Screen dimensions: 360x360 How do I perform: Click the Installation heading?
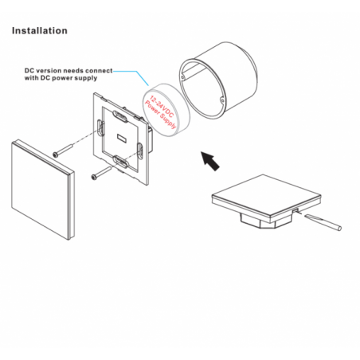40,30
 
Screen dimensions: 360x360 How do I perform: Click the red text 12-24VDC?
162,107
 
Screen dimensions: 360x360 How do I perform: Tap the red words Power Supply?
160,115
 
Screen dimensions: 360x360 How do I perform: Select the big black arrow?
210,161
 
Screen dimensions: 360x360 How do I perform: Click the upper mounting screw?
63,150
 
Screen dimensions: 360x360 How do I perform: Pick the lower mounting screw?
101,173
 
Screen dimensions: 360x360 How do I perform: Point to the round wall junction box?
218,80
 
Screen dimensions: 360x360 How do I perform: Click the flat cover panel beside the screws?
43,190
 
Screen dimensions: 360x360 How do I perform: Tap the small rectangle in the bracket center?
122,138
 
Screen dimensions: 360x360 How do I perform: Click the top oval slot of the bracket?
120,116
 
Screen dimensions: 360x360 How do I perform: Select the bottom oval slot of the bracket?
121,162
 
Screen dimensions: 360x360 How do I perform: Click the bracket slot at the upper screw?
100,128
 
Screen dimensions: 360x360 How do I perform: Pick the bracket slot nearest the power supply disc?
140,151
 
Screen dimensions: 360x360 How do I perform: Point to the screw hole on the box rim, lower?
222,100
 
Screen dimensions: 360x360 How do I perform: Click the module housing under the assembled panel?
266,221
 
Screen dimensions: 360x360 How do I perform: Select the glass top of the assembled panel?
266,194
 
